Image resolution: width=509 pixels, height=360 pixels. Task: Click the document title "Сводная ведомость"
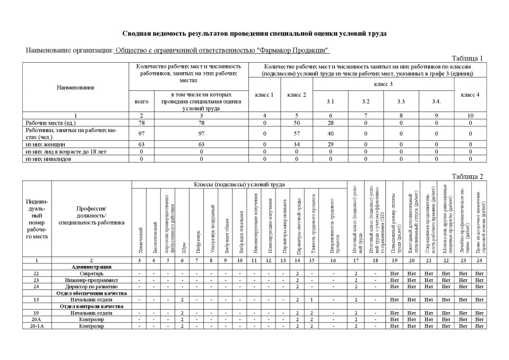pyautogui.click(x=254, y=33)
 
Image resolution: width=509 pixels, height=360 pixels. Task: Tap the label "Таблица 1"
pyautogui.click(x=467, y=58)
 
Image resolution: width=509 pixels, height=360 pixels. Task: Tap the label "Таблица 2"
pyautogui.click(x=467, y=176)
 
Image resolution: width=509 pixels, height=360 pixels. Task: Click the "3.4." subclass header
pyautogui.click(x=436, y=101)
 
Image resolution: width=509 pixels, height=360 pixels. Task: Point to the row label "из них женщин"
pyautogui.click(x=46, y=144)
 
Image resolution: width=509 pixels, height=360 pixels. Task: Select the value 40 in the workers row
pyautogui.click(x=330, y=133)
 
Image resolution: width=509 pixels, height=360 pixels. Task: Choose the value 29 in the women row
pyautogui.click(x=330, y=144)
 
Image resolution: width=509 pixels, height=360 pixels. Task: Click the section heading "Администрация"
pyautogui.click(x=91, y=267)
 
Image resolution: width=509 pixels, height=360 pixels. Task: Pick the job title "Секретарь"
pyautogui.click(x=91, y=273)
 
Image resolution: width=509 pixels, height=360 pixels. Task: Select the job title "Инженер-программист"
pyautogui.click(x=91, y=280)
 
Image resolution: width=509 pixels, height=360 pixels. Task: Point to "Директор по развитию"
pyautogui.click(x=91, y=286)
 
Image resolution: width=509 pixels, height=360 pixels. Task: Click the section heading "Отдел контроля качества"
pyautogui.click(x=91, y=306)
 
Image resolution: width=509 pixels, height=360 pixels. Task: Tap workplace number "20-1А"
pyautogui.click(x=37, y=326)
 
